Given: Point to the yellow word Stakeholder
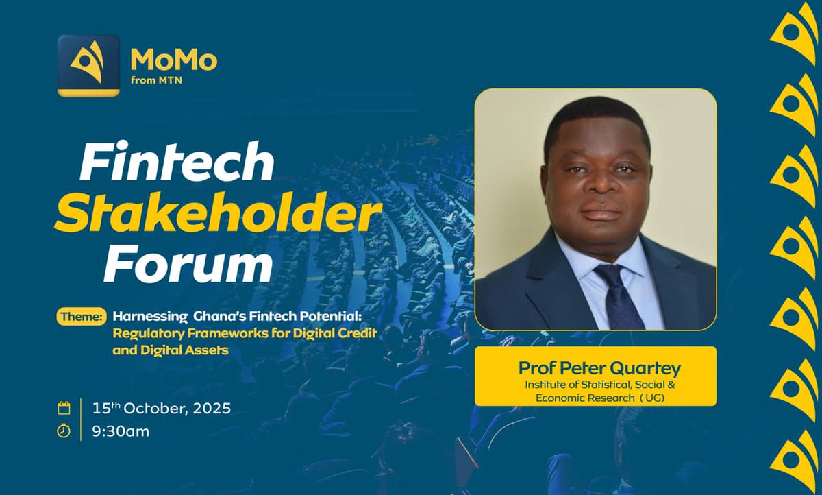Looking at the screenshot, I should pos(218,215).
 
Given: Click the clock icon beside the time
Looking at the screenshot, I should pos(64,431).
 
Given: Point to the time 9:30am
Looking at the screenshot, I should pos(121,431).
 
